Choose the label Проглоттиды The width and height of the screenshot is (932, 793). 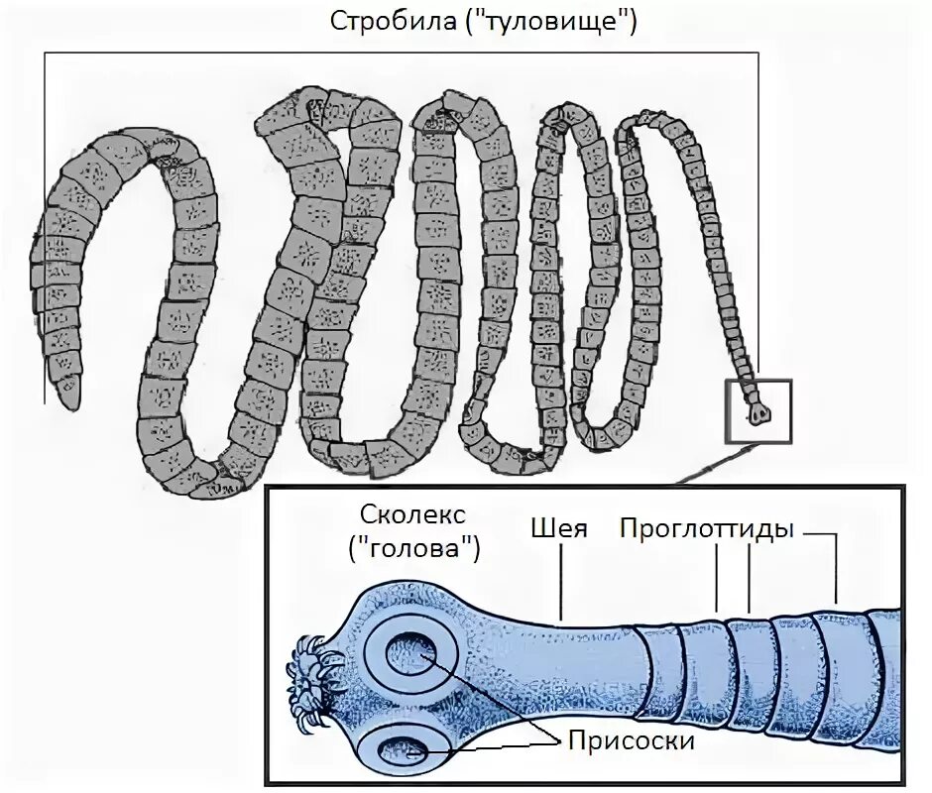(x=707, y=529)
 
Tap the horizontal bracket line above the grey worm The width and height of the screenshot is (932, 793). (x=397, y=53)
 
